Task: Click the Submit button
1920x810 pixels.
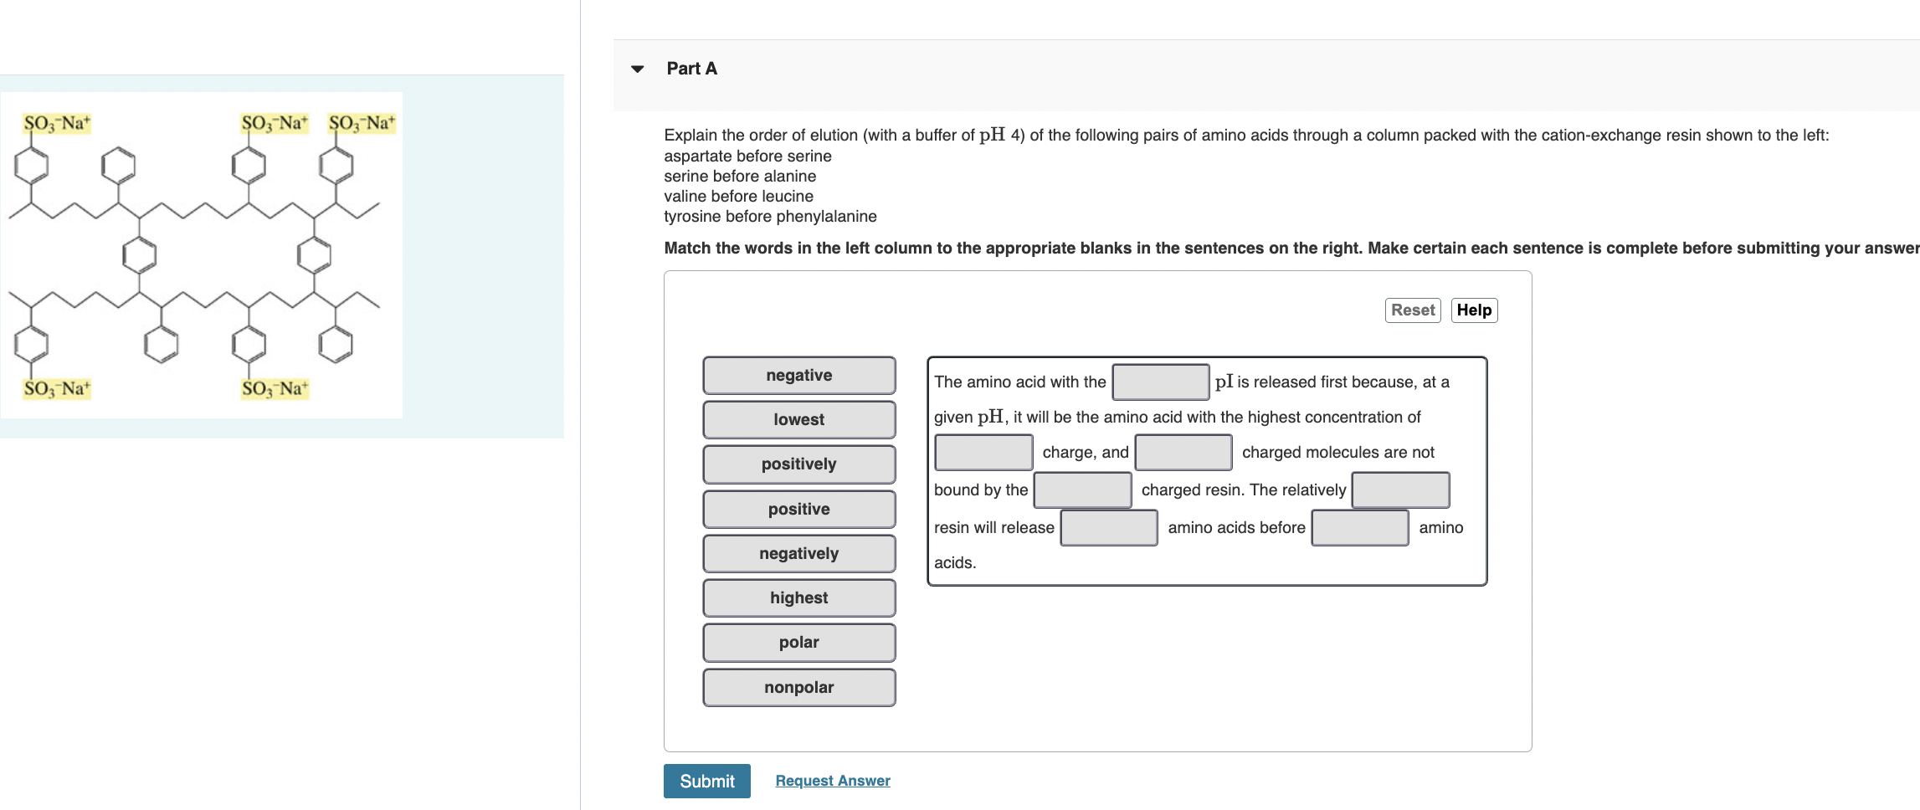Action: (706, 781)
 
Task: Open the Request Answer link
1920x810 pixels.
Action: (832, 781)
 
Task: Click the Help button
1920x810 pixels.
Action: (1473, 310)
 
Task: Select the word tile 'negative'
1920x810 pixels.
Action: (798, 376)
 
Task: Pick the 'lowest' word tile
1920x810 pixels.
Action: (798, 420)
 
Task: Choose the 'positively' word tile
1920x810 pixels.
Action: (798, 464)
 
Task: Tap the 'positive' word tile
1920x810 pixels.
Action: (798, 510)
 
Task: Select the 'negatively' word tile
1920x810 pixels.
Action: (798, 554)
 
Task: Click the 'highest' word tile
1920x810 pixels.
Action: (798, 598)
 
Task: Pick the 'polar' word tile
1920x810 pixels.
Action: (798, 643)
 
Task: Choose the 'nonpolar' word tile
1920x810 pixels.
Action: (798, 688)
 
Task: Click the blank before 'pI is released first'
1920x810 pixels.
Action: (1160, 382)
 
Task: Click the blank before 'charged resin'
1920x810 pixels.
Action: (1082, 490)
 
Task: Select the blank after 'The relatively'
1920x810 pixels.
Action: (1400, 490)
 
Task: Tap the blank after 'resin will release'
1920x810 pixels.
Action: (1108, 528)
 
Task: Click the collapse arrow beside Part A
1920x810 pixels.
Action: (638, 69)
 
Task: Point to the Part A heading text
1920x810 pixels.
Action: (691, 69)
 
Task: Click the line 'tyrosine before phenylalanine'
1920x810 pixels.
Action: (770, 217)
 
